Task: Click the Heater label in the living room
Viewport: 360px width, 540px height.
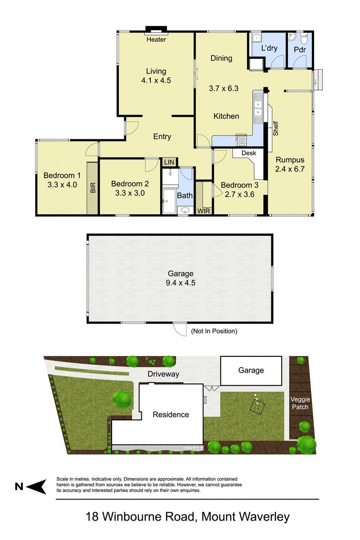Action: pyautogui.click(x=156, y=40)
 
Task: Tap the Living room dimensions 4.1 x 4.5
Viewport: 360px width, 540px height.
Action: pyautogui.click(x=156, y=80)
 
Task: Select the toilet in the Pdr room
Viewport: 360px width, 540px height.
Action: pyautogui.click(x=304, y=39)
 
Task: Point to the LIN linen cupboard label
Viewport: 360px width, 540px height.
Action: pyautogui.click(x=169, y=162)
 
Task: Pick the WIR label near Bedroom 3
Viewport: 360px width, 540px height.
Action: pyautogui.click(x=204, y=211)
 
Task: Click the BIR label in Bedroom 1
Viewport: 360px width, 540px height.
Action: pyautogui.click(x=93, y=188)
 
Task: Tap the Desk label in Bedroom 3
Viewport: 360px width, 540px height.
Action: pyautogui.click(x=248, y=153)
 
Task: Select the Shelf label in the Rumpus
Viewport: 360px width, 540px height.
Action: pyautogui.click(x=275, y=129)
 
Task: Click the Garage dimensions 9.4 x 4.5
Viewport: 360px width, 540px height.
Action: pyautogui.click(x=180, y=283)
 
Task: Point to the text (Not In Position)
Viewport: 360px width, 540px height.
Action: pyautogui.click(x=214, y=331)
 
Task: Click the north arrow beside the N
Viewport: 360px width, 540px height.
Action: pyautogui.click(x=36, y=487)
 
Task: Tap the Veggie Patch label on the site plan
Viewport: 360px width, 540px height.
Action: pyautogui.click(x=300, y=403)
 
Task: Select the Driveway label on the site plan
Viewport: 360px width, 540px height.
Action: pyautogui.click(x=163, y=374)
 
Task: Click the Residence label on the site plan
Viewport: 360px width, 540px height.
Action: pyautogui.click(x=171, y=414)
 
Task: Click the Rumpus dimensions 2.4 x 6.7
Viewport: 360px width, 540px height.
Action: pyautogui.click(x=290, y=169)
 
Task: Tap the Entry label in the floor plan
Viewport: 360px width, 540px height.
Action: pyautogui.click(x=162, y=136)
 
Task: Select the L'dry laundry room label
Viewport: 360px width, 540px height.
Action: pyautogui.click(x=270, y=48)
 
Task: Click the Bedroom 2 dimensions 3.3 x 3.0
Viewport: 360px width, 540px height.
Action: pyautogui.click(x=130, y=193)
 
